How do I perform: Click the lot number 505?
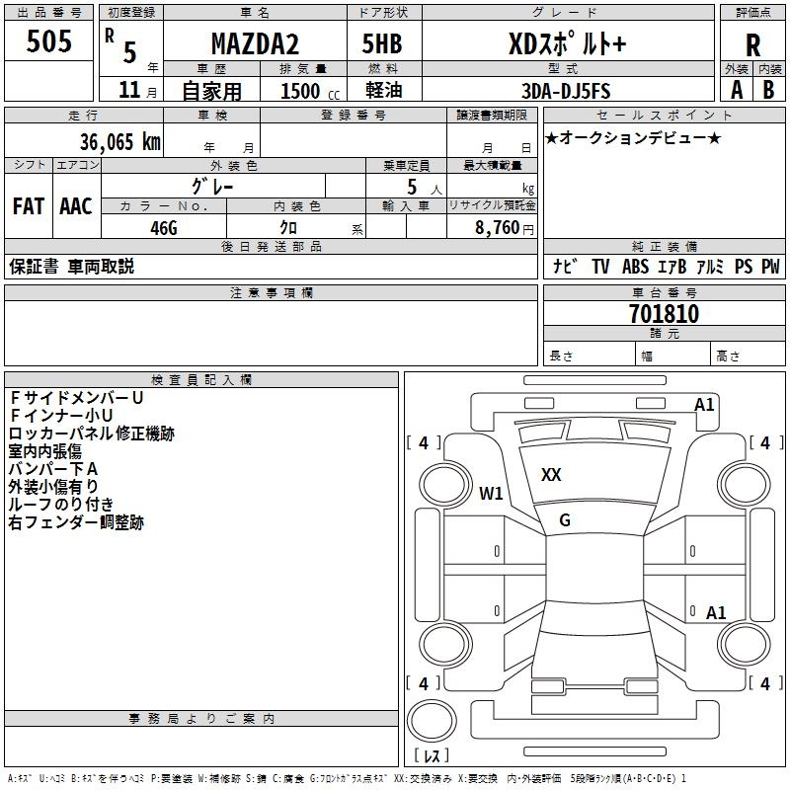coord(48,42)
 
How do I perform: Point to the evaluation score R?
coord(752,44)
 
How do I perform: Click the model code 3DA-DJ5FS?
coord(567,91)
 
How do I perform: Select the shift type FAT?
coord(28,206)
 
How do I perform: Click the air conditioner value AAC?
coord(76,206)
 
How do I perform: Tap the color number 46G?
coord(164,228)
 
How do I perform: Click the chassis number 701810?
coord(664,314)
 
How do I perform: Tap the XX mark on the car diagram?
coord(551,475)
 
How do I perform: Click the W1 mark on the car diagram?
coord(491,493)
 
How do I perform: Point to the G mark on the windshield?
coord(565,520)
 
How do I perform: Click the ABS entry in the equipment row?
coord(635,267)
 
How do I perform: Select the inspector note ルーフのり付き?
coord(61,505)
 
